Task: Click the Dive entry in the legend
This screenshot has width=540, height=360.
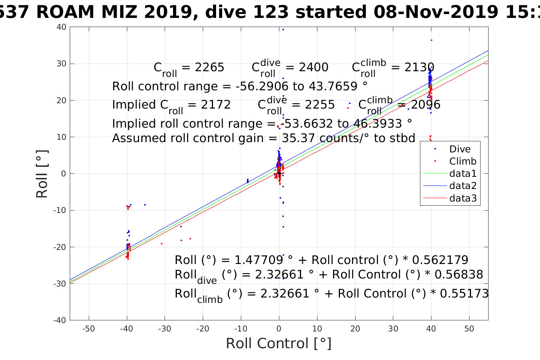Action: click(x=460, y=149)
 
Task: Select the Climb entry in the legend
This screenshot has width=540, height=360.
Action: click(x=463, y=161)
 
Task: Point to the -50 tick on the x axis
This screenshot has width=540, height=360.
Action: click(x=88, y=329)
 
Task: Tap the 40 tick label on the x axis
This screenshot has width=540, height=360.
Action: click(x=431, y=329)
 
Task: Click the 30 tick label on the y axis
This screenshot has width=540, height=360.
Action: click(x=61, y=64)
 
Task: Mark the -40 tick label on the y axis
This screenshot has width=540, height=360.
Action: click(x=60, y=320)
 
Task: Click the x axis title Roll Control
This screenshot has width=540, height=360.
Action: click(x=279, y=343)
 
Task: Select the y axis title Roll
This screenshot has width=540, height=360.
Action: click(x=42, y=174)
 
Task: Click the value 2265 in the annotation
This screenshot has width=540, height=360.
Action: click(x=209, y=67)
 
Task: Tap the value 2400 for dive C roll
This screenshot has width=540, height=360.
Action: click(x=313, y=67)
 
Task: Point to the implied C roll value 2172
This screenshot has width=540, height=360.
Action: click(x=216, y=105)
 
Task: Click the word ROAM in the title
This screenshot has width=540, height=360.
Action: click(x=65, y=12)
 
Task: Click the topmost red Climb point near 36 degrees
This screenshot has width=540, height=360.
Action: click(x=431, y=40)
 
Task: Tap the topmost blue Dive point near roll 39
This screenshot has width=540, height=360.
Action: click(x=283, y=29)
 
